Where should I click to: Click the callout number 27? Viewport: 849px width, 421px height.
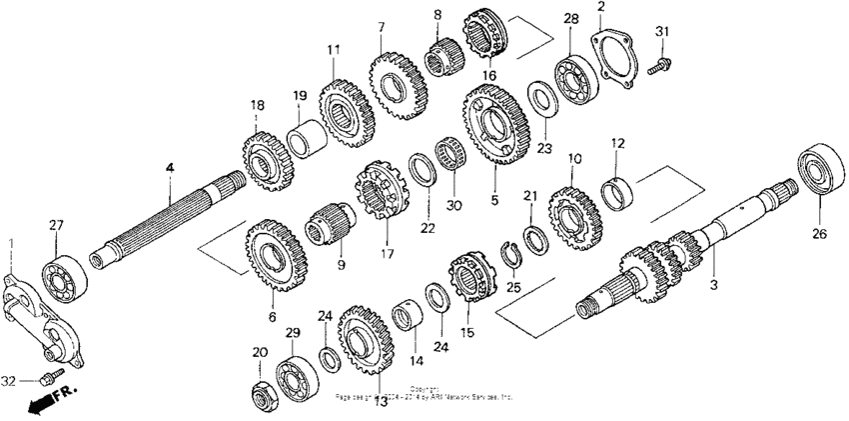pos(56,227)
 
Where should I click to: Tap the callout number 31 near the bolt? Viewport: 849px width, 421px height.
pos(659,33)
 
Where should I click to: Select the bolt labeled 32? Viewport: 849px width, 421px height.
pos(46,379)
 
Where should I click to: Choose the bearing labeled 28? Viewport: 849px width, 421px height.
pos(575,82)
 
